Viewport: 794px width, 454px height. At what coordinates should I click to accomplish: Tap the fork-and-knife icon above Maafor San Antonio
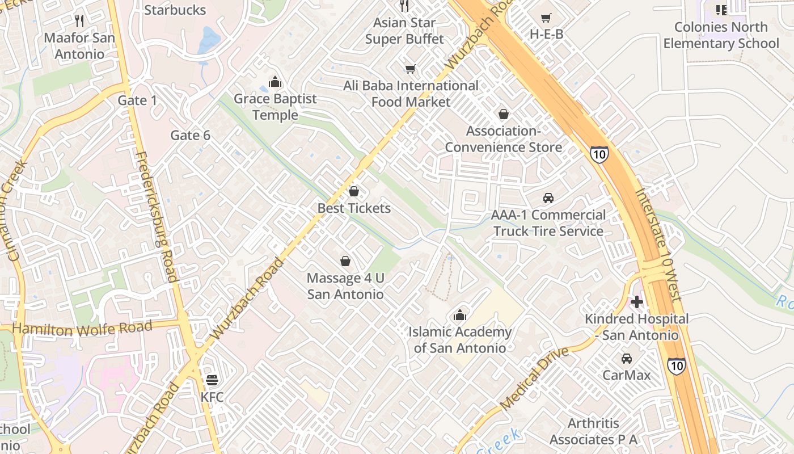point(79,21)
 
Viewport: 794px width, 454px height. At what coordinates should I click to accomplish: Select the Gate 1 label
point(137,100)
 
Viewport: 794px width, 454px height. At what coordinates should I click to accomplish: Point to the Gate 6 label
point(190,135)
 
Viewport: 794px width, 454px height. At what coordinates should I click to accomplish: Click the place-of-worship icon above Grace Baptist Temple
point(275,82)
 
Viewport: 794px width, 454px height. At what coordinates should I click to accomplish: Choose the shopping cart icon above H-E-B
point(546,18)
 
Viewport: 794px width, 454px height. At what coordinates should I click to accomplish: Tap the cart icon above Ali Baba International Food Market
point(411,69)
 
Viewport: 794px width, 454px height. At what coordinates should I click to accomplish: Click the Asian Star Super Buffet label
point(404,31)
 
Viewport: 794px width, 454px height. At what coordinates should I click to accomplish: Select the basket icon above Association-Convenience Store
point(503,114)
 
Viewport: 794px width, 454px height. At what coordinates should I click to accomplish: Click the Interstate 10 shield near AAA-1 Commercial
point(599,154)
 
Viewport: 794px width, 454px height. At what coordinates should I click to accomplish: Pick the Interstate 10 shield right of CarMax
point(676,365)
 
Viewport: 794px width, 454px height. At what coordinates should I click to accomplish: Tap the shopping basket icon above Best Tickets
point(354,191)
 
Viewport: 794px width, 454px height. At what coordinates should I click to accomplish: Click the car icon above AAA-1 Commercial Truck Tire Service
point(548,198)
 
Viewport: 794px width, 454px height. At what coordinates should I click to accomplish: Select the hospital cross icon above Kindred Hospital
point(637,302)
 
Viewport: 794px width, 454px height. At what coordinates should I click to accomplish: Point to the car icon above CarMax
point(626,359)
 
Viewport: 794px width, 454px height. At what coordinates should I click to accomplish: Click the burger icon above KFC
point(212,380)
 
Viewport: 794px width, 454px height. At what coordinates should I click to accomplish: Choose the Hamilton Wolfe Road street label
point(82,328)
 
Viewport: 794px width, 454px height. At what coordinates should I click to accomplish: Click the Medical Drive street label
point(534,378)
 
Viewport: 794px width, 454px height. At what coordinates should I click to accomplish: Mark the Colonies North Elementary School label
point(721,35)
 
